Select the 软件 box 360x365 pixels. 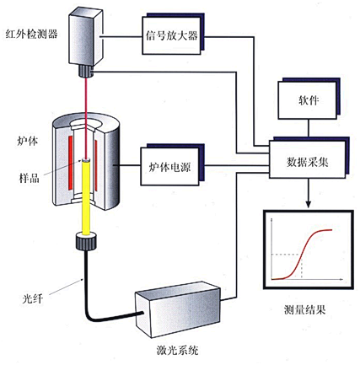click(308, 99)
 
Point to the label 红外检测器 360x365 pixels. click(31, 33)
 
